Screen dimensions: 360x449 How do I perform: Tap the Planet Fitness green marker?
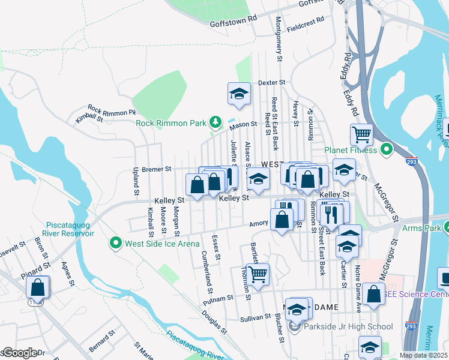coord(387,149)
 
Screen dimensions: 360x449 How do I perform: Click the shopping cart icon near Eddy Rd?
coord(362,134)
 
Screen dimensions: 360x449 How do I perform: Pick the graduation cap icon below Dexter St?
coord(239,94)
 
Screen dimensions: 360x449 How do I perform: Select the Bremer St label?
coord(157,169)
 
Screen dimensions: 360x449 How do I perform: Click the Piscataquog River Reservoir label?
coord(68,229)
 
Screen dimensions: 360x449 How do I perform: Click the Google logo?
coord(19,353)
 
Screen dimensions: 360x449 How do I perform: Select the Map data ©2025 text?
coord(423,355)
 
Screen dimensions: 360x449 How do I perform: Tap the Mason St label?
coord(243,125)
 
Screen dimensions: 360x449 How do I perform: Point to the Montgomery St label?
coord(279,38)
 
